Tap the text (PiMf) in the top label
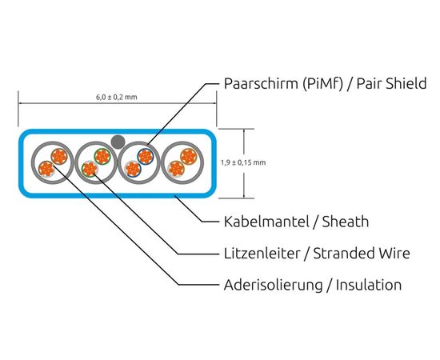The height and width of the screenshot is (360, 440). click(x=323, y=83)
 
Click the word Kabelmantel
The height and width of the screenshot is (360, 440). click(x=266, y=222)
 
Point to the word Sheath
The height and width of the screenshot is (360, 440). click(x=346, y=222)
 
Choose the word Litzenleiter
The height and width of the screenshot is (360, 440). click(x=262, y=253)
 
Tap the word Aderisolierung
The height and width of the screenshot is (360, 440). click(x=274, y=285)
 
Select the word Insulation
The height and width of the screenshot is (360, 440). click(x=369, y=285)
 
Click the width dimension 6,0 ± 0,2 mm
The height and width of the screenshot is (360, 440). click(x=117, y=97)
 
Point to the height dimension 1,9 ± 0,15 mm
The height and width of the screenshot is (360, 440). click(x=243, y=162)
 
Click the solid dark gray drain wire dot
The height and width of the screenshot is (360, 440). click(x=118, y=142)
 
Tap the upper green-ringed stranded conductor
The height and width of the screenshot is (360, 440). click(x=102, y=156)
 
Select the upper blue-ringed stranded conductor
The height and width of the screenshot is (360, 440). click(x=146, y=157)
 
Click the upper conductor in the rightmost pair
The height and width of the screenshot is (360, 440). click(x=189, y=156)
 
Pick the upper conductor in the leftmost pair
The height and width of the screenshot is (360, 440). click(x=59, y=157)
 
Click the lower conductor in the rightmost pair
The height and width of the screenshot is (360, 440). click(x=176, y=169)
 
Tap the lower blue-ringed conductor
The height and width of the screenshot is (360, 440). click(x=133, y=169)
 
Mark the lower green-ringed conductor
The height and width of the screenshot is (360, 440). click(x=90, y=169)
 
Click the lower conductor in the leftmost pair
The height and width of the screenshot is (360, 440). click(x=46, y=169)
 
